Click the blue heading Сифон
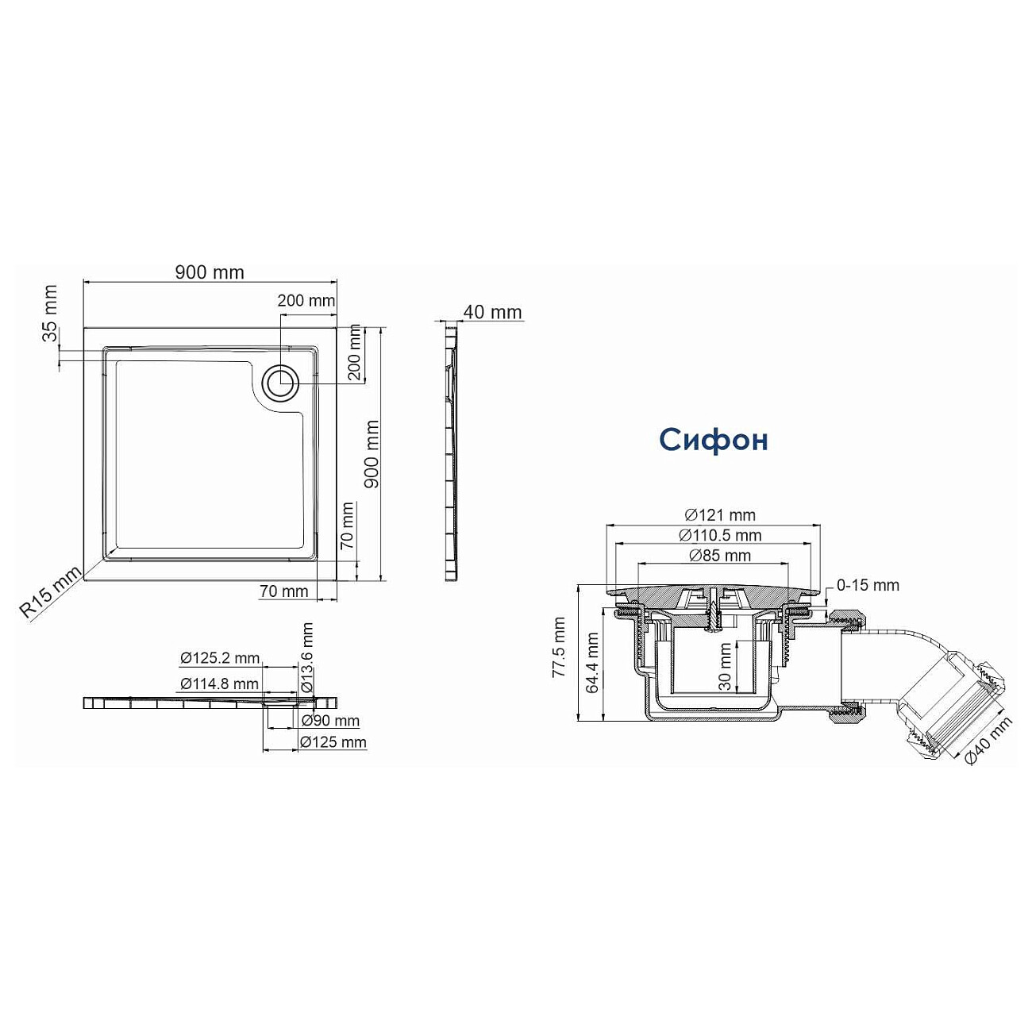[714, 440]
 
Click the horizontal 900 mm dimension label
[210, 272]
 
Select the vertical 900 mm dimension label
[371, 454]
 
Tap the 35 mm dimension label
[50, 314]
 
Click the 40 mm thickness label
[492, 312]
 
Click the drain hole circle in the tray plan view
[279, 381]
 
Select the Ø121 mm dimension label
[720, 515]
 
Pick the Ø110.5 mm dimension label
[720, 535]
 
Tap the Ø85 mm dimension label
[720, 556]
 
